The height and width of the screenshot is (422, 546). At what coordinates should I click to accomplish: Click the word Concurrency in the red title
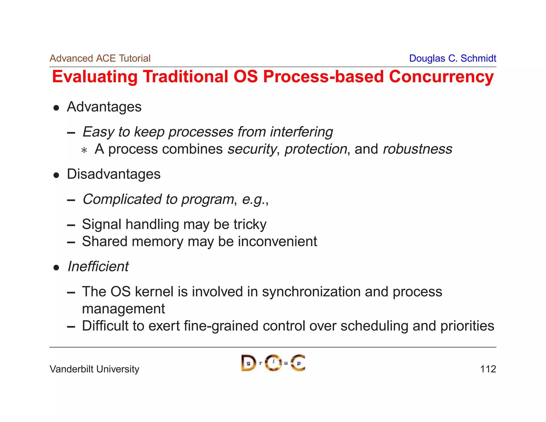coord(441,77)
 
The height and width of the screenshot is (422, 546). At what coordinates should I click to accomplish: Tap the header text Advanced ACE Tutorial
coord(100,58)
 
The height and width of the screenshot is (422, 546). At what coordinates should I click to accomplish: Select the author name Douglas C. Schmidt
coord(452,58)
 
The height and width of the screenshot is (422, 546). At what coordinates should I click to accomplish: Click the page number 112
coord(488,369)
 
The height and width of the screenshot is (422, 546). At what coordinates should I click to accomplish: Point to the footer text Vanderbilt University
coord(94,369)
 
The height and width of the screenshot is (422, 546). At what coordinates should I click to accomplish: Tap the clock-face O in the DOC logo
coord(273,363)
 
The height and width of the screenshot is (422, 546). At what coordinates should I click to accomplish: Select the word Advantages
coord(104,107)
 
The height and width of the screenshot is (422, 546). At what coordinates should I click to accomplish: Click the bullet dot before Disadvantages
coord(56,175)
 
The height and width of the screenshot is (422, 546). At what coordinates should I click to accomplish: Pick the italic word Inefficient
coord(98,266)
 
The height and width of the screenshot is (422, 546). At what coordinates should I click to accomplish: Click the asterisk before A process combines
coord(84,150)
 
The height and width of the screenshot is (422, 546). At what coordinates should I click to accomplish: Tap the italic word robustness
coord(417,149)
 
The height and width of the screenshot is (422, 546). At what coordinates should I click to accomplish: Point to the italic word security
coord(252,149)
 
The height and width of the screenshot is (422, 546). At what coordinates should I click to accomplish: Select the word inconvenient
coord(277,241)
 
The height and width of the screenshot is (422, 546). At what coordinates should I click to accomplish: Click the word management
coord(123,309)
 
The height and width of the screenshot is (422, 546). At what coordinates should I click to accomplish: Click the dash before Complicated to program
coord(71,200)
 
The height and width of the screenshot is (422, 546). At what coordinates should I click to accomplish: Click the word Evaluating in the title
coord(95,77)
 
